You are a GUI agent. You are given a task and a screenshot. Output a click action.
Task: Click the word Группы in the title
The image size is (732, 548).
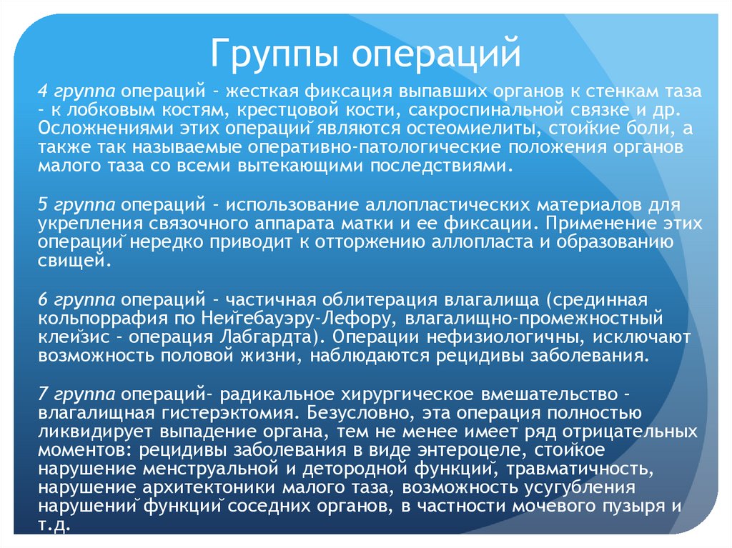(x=270, y=54)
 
